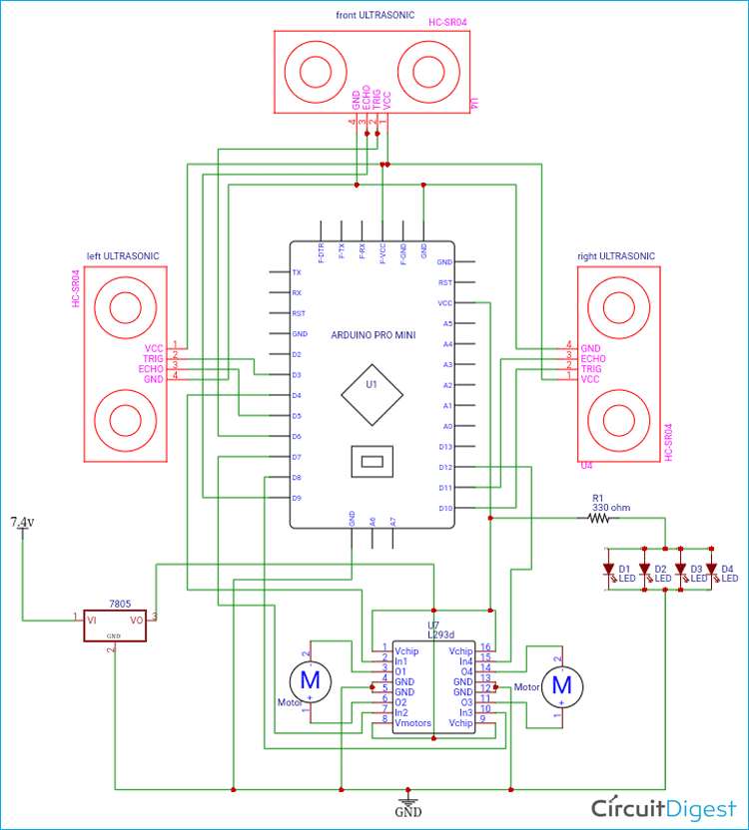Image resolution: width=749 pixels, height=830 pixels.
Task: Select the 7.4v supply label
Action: point(22,522)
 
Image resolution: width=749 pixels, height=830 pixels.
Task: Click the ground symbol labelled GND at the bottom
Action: point(407,804)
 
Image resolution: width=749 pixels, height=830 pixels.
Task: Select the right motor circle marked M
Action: point(561,684)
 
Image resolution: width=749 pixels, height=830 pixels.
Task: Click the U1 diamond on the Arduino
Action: point(371,384)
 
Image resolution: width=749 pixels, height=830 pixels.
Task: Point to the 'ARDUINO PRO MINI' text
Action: point(372,334)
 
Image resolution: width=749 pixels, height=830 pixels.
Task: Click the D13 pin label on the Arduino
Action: point(445,447)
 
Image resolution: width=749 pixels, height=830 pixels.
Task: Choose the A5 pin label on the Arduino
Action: point(447,323)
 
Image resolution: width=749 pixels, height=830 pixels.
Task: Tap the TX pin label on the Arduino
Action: point(297,272)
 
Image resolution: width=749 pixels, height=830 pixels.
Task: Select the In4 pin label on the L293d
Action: point(465,660)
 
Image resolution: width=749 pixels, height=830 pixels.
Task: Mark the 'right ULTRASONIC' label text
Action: point(616,256)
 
